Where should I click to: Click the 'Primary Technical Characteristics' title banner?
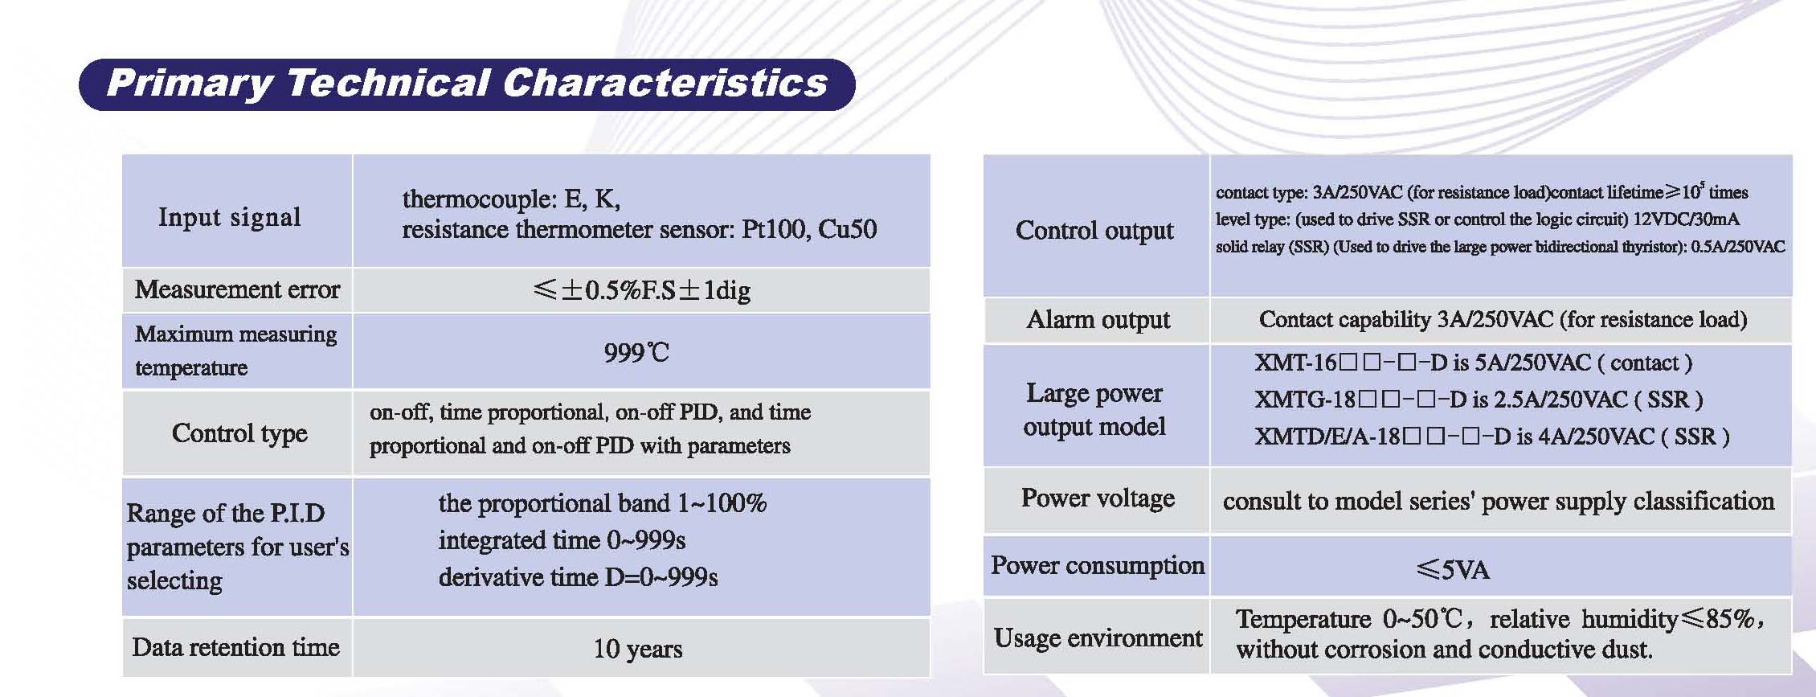[x=467, y=84]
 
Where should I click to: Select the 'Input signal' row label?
[x=229, y=217]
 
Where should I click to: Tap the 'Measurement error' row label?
[x=237, y=289]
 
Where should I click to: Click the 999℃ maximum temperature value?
[x=636, y=352]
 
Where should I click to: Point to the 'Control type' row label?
[x=239, y=433]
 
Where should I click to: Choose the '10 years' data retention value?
[x=638, y=649]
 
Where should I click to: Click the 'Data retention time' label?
[x=235, y=647]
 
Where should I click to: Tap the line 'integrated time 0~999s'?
[x=562, y=540]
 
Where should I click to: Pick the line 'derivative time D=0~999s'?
[x=578, y=577]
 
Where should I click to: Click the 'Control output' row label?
[x=1094, y=231]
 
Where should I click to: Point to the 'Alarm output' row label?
[x=1098, y=320]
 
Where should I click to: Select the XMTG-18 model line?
[x=1479, y=400]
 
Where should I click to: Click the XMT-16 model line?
[x=1474, y=363]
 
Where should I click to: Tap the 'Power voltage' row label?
[x=1098, y=498]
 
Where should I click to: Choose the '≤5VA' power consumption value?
[x=1453, y=570]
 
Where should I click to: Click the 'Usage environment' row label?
[x=1098, y=638]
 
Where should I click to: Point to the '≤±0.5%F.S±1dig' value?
[x=641, y=290]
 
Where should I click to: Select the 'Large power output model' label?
[x=1094, y=409]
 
